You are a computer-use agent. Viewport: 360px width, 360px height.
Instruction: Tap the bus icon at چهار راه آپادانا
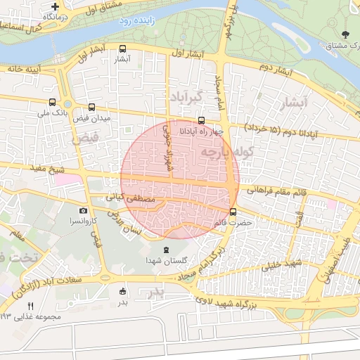[202, 120]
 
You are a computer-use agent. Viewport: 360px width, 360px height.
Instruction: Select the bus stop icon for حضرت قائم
[233, 211]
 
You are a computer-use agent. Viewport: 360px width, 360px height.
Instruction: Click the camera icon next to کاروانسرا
[84, 211]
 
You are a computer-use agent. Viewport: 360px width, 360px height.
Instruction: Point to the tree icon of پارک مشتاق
[344, 34]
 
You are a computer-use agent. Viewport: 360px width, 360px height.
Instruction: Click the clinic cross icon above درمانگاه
[55, 6]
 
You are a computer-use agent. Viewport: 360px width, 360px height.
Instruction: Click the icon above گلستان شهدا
[167, 250]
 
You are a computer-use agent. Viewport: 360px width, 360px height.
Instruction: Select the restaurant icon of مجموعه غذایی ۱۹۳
[30, 307]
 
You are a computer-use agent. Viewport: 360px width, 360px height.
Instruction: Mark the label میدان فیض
[91, 118]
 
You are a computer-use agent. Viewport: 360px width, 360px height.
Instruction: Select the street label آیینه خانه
[25, 69]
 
